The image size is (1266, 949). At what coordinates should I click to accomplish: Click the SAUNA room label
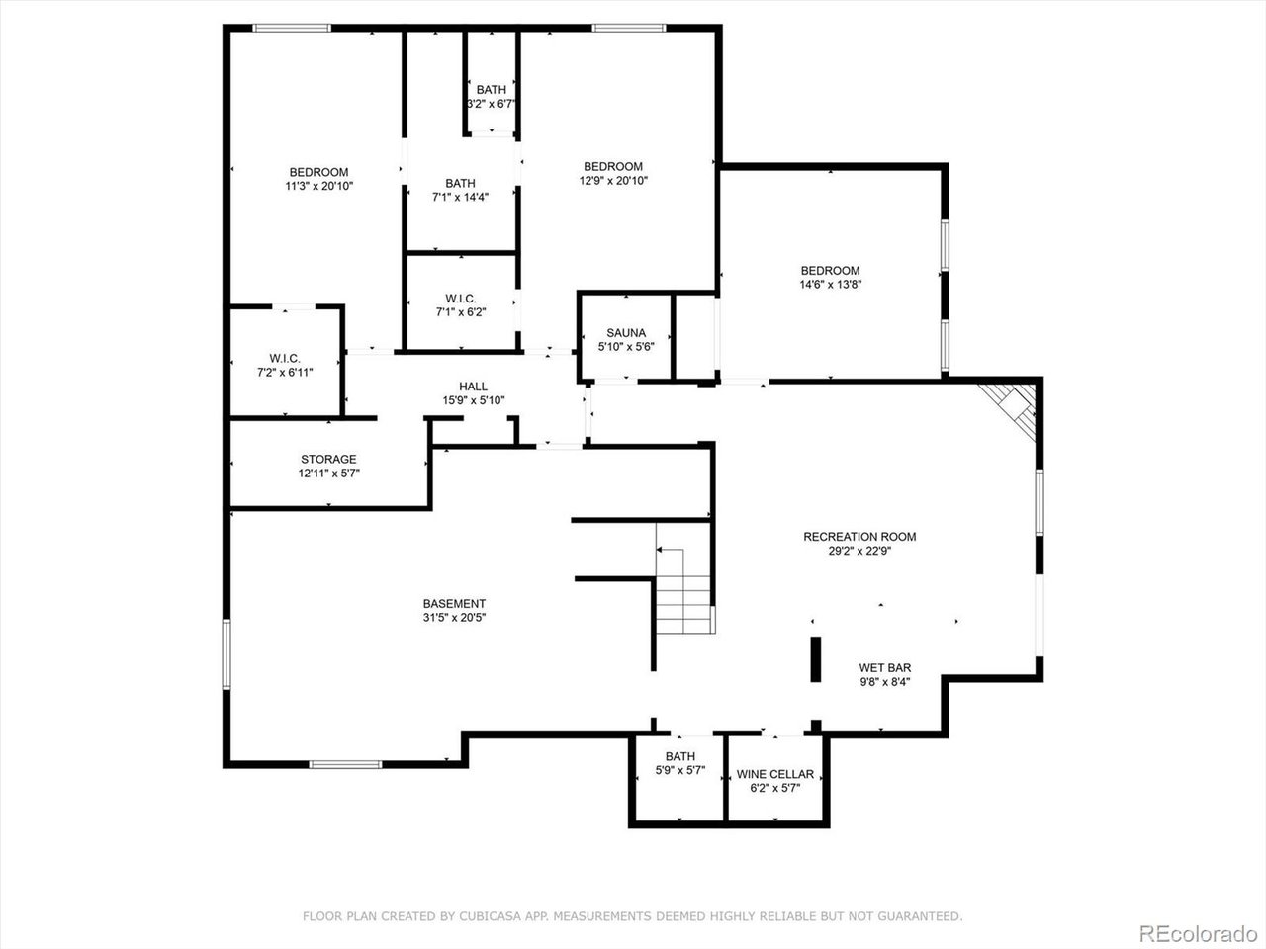tap(626, 333)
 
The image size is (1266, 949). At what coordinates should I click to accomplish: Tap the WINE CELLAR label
tap(775, 774)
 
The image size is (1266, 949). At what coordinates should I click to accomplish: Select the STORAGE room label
tap(328, 460)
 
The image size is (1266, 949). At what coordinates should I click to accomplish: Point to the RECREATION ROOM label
tap(859, 537)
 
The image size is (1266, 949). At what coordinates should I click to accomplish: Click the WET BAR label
tap(884, 668)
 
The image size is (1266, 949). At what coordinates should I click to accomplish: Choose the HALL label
tap(473, 387)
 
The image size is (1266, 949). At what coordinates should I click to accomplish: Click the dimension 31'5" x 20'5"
tap(454, 618)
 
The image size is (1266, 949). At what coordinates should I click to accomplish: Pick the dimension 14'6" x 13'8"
tap(830, 285)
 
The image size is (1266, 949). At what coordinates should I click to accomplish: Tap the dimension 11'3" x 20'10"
tap(318, 186)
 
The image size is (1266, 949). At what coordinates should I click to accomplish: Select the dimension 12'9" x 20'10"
tap(613, 180)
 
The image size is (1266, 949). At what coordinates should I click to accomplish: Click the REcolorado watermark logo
tap(1198, 932)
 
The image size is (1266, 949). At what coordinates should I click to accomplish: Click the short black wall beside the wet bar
tap(816, 659)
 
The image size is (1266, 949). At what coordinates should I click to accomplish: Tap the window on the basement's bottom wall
tap(345, 763)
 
